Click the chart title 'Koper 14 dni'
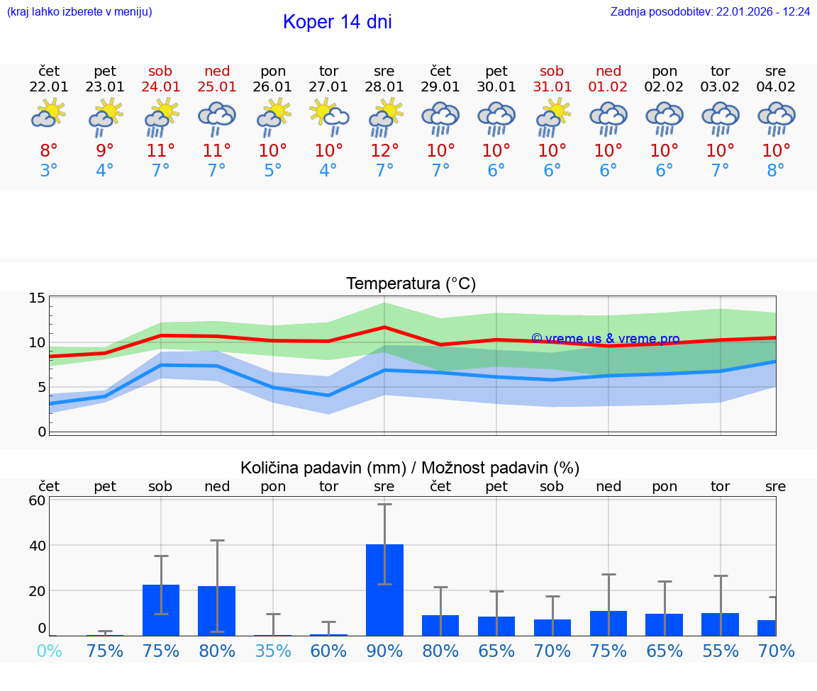(337, 22)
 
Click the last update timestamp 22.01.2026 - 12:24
(710, 12)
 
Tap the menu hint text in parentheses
(79, 12)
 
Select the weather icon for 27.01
(328, 116)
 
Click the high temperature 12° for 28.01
(384, 151)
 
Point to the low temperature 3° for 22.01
(49, 171)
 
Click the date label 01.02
(608, 87)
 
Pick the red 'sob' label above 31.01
(552, 72)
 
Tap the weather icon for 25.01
(216, 116)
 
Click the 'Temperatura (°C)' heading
(411, 284)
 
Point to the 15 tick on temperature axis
(38, 298)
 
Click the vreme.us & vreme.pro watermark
(605, 339)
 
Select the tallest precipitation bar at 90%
(384, 590)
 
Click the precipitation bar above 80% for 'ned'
(216, 610)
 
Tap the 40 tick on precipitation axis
(38, 546)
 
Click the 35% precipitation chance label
(273, 651)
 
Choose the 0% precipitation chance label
(49, 651)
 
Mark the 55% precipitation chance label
(721, 651)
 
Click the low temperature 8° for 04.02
(776, 171)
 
